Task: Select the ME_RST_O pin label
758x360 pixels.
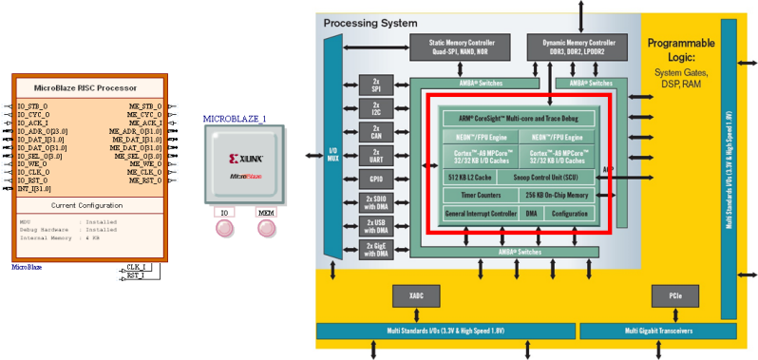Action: [145, 180]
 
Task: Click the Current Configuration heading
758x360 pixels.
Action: [88, 205]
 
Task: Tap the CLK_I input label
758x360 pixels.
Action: [135, 268]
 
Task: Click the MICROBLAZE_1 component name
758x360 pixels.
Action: [235, 118]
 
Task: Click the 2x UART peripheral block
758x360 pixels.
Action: [375, 156]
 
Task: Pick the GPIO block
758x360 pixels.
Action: [375, 179]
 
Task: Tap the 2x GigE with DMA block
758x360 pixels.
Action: [375, 248]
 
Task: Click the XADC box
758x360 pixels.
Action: [416, 296]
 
